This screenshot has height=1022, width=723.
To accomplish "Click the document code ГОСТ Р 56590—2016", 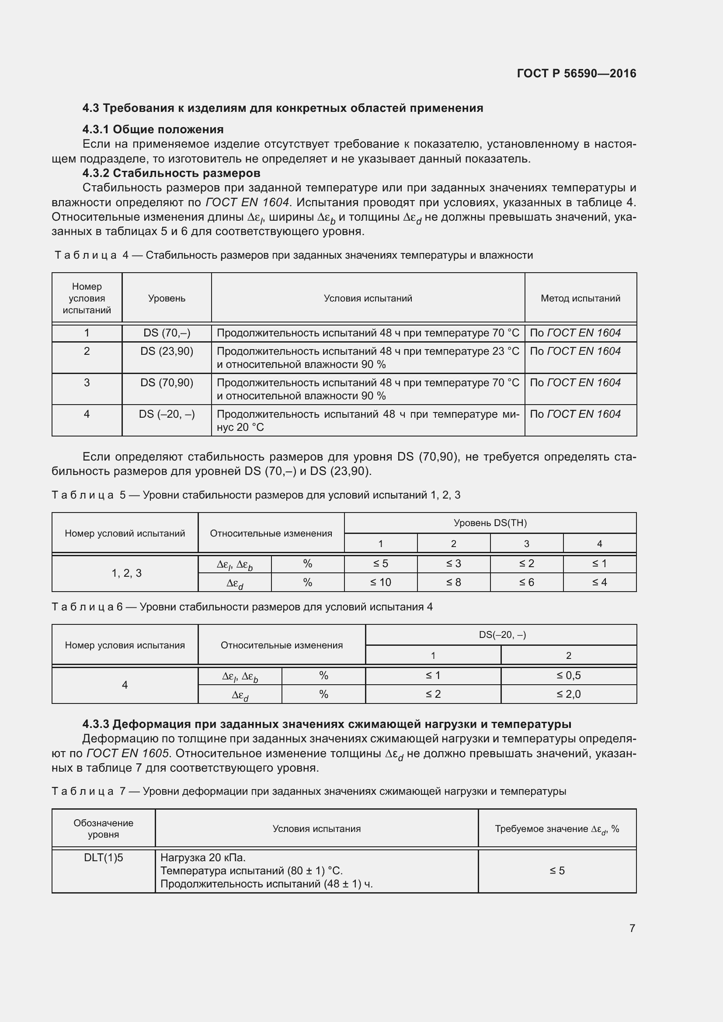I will [x=576, y=73].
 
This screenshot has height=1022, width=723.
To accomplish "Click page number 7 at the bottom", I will [x=632, y=928].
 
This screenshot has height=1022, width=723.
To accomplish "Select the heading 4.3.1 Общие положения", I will [x=153, y=129].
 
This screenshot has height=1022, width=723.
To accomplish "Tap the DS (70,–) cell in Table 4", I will [x=167, y=333].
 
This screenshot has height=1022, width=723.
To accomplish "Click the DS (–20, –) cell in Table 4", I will [x=167, y=414].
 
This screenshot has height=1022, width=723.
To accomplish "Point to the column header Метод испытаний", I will [x=580, y=298].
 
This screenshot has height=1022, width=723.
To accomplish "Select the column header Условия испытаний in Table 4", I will [x=368, y=298].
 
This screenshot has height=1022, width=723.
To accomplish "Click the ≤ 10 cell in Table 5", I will [x=380, y=582].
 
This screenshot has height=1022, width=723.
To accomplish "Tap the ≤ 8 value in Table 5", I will [x=453, y=582].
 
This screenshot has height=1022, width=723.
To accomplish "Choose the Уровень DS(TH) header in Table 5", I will [x=490, y=523].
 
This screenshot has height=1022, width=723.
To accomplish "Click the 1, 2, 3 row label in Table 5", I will [x=126, y=573].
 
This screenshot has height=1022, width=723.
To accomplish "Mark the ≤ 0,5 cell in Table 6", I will [x=568, y=675].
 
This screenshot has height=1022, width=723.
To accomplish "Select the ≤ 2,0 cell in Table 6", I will [x=568, y=694].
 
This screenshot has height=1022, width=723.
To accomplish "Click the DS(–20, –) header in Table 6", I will [x=502, y=635].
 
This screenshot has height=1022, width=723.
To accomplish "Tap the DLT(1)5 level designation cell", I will [x=103, y=857].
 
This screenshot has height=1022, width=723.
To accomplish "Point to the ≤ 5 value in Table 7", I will [x=556, y=870].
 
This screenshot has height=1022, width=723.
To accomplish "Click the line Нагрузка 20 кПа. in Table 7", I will [x=202, y=857].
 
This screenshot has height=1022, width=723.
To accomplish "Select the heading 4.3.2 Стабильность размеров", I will [x=171, y=173].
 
